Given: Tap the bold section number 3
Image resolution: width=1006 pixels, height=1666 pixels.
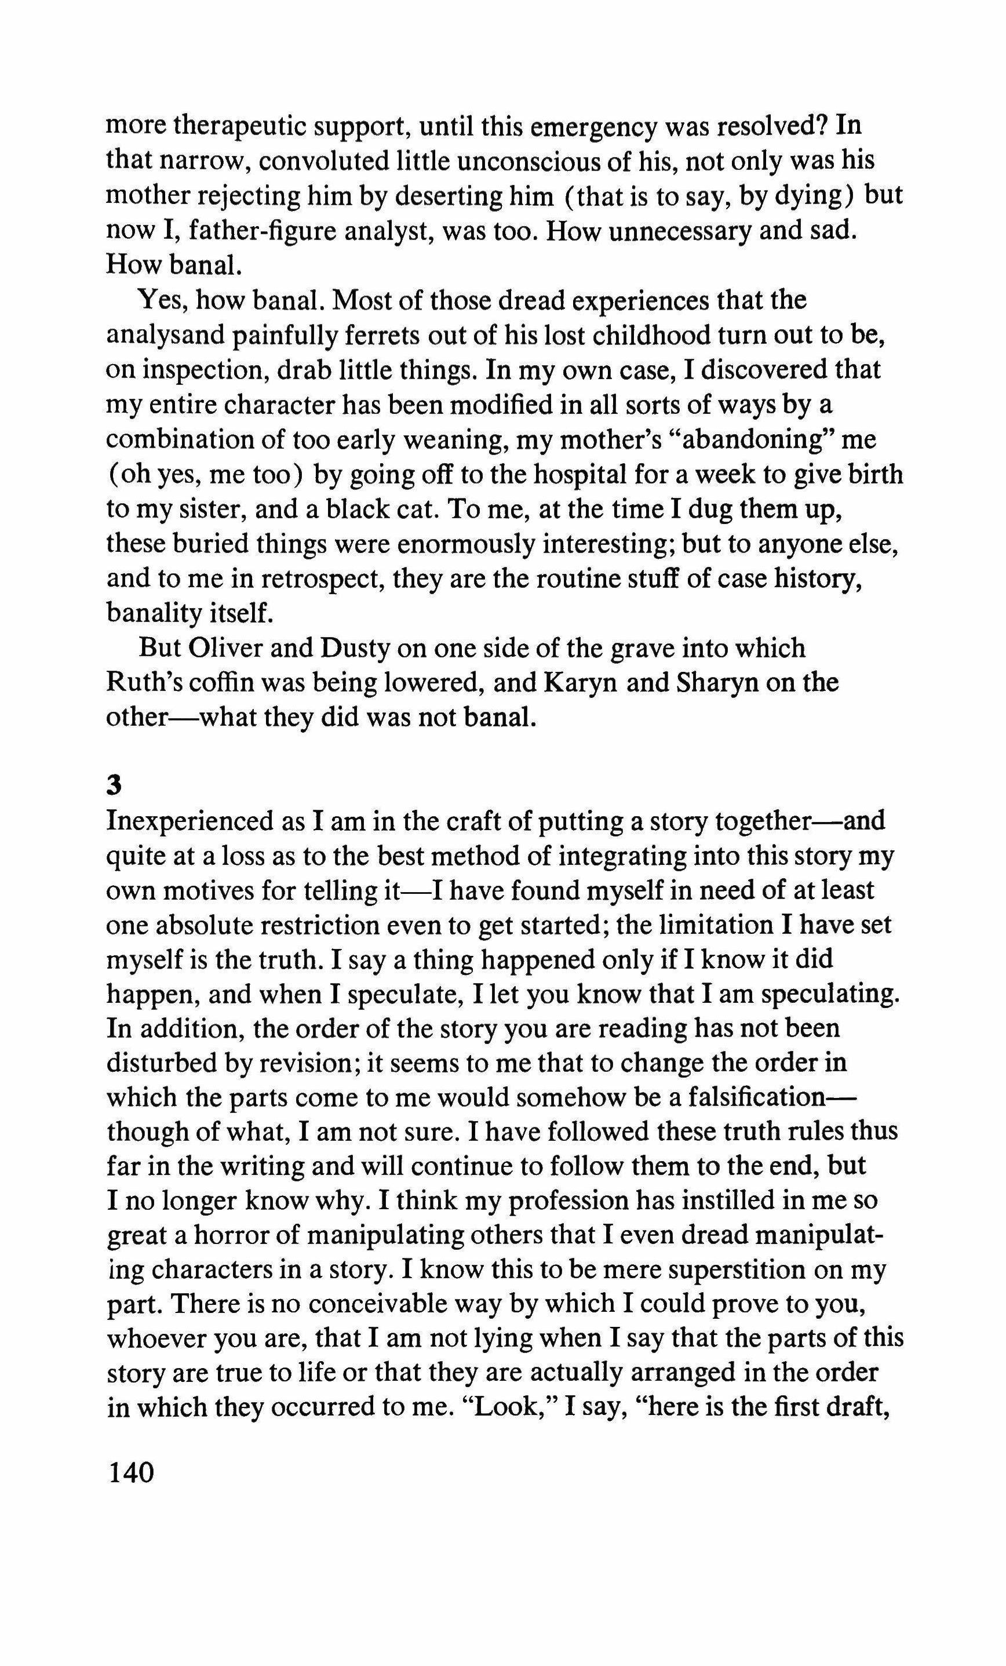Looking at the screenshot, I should point(114,784).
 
